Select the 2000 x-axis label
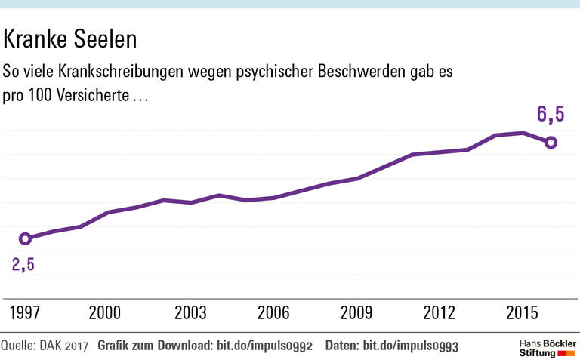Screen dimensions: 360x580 tap(104, 313)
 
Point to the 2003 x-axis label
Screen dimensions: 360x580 tap(190, 313)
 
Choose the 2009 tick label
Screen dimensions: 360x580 tap(357, 313)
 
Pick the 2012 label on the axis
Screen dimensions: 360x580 tap(440, 313)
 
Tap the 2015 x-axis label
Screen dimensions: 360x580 tap(523, 313)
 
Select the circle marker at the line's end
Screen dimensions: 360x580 tap(551, 142)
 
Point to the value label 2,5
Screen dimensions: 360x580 tap(23, 264)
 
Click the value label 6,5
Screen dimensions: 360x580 tap(551, 115)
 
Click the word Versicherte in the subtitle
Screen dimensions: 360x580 tap(92, 98)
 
